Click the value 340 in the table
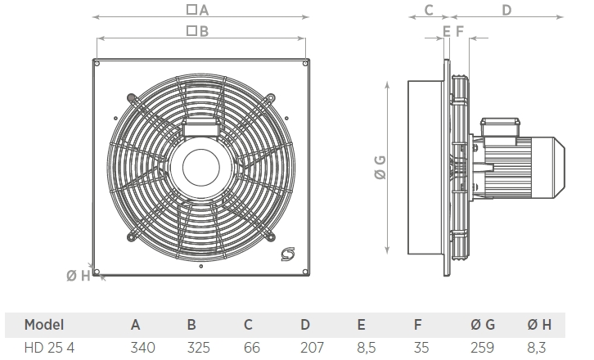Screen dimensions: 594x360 click(x=143, y=348)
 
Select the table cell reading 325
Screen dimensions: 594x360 click(x=199, y=348)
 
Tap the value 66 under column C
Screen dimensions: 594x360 click(x=252, y=348)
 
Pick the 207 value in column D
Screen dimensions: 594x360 click(x=313, y=348)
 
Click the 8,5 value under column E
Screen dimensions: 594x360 click(x=367, y=348)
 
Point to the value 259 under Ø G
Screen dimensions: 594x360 click(x=482, y=348)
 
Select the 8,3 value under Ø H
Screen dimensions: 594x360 click(x=537, y=348)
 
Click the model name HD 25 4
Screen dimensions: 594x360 click(x=49, y=348)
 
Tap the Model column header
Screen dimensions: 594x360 click(x=44, y=325)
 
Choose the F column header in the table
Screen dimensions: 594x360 click(x=417, y=325)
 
